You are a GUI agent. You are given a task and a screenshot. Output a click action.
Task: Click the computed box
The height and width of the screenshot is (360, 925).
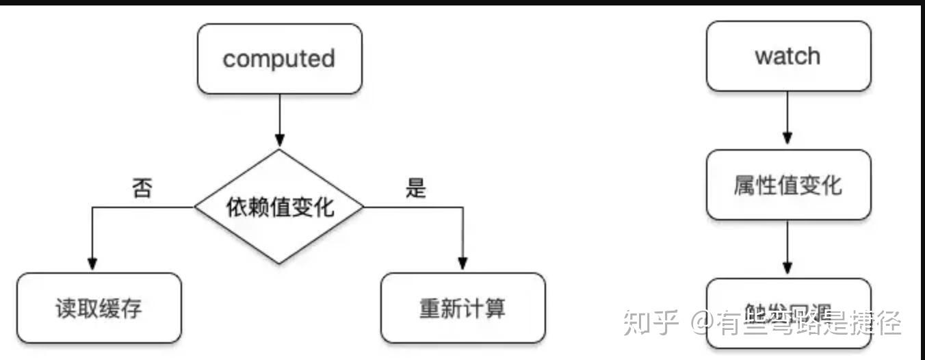[x=279, y=59]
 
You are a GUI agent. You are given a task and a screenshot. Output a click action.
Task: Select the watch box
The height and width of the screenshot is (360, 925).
[x=788, y=56]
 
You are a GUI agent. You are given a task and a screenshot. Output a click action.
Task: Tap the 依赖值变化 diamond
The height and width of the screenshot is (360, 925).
[x=279, y=206]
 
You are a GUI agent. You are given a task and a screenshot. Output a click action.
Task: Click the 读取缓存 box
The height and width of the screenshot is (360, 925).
[x=99, y=308]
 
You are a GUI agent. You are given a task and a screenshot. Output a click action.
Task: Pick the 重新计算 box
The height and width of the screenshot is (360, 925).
[x=462, y=308]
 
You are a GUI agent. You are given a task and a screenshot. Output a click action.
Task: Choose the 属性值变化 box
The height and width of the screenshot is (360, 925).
[x=788, y=185]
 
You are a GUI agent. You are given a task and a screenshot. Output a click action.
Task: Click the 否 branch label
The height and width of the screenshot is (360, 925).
[x=141, y=189]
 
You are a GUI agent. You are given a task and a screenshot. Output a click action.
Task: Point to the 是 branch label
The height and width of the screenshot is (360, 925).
[x=415, y=189]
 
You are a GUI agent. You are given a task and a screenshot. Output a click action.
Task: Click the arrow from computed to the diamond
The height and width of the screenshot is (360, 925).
[x=279, y=120]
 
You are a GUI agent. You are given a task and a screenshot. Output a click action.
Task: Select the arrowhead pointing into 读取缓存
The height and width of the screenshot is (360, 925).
[x=92, y=264]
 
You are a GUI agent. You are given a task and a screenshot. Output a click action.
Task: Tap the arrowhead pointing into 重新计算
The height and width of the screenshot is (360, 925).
[x=462, y=264]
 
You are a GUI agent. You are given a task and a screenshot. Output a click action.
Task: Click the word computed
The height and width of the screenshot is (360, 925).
[x=279, y=59]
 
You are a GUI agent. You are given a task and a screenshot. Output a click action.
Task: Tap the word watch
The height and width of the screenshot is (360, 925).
[x=788, y=56]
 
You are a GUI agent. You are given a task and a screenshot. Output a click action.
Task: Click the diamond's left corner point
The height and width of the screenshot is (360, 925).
[x=196, y=206]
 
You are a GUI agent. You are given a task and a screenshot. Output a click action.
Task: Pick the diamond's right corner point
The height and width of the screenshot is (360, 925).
[x=363, y=206]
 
